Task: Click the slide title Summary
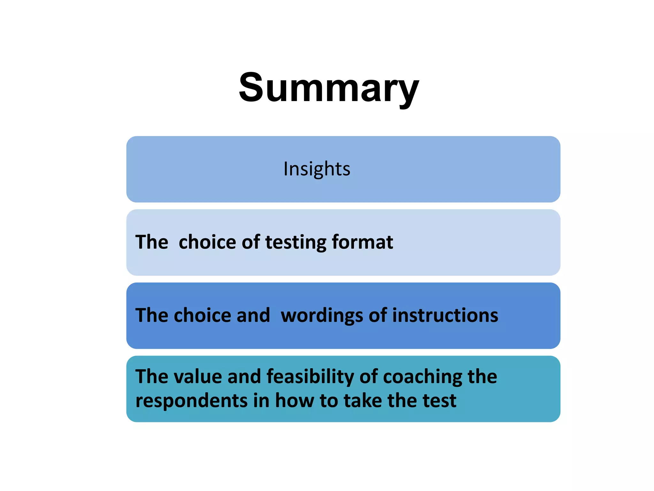coord(329,88)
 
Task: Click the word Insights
coord(317,169)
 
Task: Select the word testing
coord(295,242)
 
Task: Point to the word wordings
coord(322,316)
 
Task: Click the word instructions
coord(445,316)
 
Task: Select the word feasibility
coord(310,377)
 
